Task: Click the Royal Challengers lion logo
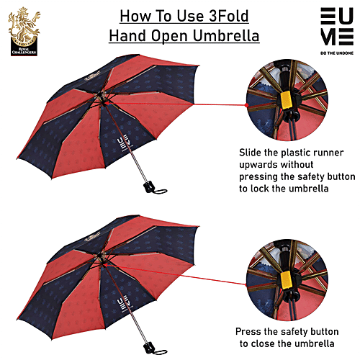[x=24, y=31]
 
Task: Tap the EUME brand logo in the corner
[x=337, y=27]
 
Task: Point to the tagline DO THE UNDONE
[x=337, y=53]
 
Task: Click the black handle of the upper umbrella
[x=149, y=186]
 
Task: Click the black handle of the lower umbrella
[x=149, y=347]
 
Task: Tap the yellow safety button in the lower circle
[x=287, y=280]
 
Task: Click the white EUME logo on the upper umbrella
[x=123, y=144]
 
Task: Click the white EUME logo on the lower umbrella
[x=123, y=305]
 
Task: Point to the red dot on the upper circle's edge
[x=246, y=105]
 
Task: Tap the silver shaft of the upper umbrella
[x=138, y=164]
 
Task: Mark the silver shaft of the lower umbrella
[x=138, y=325]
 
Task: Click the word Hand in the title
[x=127, y=36]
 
